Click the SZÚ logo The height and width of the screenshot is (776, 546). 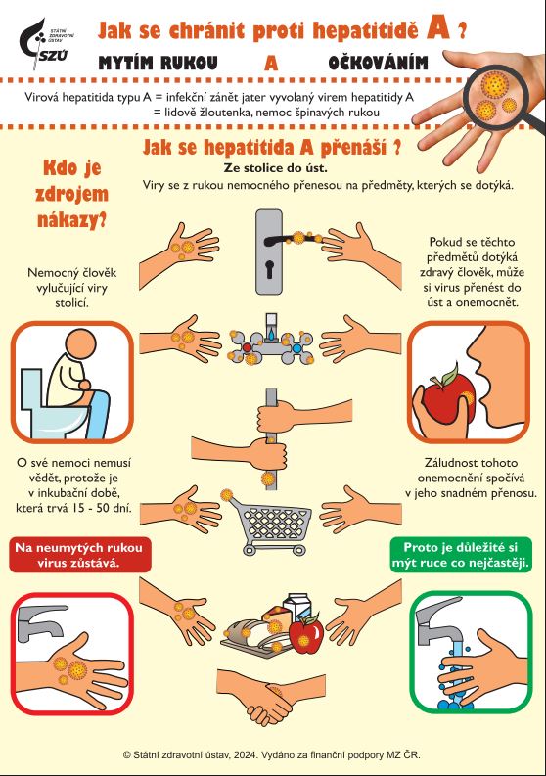click(x=46, y=44)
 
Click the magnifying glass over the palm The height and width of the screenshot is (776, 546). click(x=496, y=94)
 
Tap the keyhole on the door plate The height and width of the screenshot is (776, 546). click(x=269, y=269)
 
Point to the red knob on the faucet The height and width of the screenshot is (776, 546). click(x=247, y=347)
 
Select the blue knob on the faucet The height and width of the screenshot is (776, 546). click(x=296, y=348)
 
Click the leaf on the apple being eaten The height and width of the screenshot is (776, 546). click(x=448, y=375)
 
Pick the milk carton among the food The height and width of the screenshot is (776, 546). click(x=296, y=608)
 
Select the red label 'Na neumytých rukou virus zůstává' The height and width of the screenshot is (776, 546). click(x=79, y=555)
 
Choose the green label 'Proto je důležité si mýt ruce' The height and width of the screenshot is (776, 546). click(x=461, y=555)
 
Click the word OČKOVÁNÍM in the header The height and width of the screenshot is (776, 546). click(x=378, y=63)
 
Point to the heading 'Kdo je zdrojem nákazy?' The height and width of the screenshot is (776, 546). click(x=72, y=194)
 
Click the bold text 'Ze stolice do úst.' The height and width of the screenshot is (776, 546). click(x=275, y=167)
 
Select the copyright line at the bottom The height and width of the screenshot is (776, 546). click(x=272, y=754)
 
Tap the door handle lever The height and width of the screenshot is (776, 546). click(x=291, y=241)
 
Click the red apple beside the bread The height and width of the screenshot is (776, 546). click(x=306, y=634)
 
